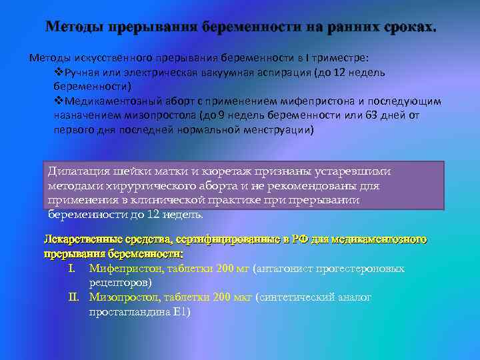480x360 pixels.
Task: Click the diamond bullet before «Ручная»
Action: [x=57, y=72]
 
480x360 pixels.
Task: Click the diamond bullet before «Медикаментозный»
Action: [x=57, y=101]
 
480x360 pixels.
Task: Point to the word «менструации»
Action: [x=275, y=129]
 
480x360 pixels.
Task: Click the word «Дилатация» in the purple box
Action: [x=79, y=171]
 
